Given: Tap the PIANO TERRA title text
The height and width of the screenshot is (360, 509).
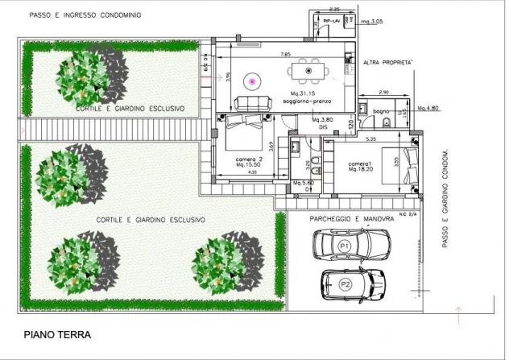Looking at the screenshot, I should click(x=57, y=334).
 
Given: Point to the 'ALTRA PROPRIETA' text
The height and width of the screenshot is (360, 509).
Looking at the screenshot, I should click(x=387, y=62).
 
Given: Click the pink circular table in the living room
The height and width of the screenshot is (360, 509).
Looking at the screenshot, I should click(x=252, y=81).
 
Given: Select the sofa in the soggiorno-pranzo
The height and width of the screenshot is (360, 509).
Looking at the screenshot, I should click(x=252, y=103).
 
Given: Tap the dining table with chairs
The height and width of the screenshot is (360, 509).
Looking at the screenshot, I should click(x=310, y=72).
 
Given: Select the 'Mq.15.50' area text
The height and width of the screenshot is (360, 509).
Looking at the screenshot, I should click(x=245, y=166).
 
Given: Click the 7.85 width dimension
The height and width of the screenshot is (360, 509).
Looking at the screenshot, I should click(x=285, y=54).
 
